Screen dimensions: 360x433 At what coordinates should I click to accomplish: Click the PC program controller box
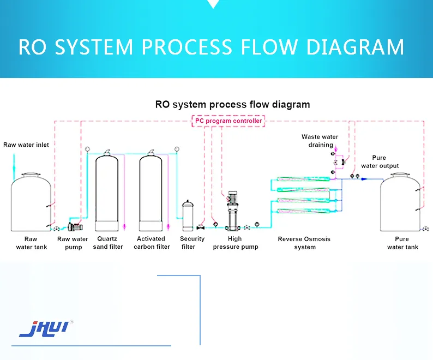228,121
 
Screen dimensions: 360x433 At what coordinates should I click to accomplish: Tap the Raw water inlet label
26,145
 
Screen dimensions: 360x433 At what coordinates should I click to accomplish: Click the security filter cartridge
188,215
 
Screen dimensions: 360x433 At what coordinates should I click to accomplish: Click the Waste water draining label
320,141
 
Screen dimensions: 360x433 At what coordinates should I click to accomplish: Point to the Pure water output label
380,162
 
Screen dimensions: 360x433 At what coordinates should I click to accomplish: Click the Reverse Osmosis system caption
304,243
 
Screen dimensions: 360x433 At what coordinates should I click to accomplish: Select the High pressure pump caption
235,243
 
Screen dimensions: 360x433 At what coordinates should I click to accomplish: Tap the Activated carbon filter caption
152,243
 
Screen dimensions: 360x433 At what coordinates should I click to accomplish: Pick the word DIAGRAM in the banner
355,47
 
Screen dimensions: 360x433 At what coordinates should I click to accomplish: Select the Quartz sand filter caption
108,243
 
